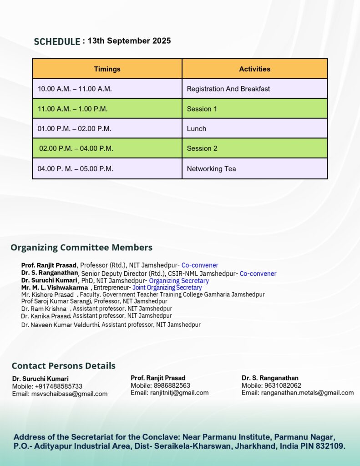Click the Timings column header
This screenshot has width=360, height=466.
107,69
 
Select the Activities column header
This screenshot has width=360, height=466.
254,69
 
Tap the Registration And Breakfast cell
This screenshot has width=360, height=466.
228,89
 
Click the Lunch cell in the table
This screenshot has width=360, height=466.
197,129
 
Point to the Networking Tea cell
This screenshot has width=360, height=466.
211,168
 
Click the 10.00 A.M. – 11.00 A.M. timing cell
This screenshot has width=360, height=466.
75,89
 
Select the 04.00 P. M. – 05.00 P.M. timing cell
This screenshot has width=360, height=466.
76,168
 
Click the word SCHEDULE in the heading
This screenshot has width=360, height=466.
57,42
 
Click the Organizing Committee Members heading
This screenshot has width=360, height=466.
81,248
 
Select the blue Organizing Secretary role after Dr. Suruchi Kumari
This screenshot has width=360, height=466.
179,281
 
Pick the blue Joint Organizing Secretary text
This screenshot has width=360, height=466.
167,288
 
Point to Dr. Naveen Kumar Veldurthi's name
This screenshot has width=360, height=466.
61,325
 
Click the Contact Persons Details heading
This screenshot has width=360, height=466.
63,366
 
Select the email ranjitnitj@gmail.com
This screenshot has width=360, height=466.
179,393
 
